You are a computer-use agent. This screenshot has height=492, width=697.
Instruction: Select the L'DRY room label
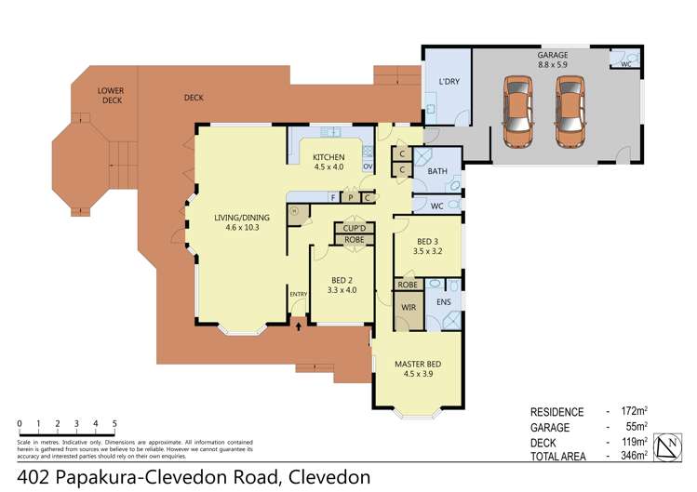(449, 82)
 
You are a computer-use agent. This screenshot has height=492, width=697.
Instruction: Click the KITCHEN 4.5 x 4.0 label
(328, 162)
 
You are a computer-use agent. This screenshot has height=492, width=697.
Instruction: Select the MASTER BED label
(416, 368)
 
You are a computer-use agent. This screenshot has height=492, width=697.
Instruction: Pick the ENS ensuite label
(444, 303)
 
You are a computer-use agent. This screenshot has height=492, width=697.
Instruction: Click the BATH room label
(437, 172)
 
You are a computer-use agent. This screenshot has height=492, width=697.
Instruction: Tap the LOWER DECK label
(111, 96)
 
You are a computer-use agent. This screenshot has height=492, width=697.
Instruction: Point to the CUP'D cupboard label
(354, 228)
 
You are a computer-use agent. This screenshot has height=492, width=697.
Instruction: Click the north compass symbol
(667, 447)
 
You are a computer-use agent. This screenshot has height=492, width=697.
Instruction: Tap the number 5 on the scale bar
(114, 424)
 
